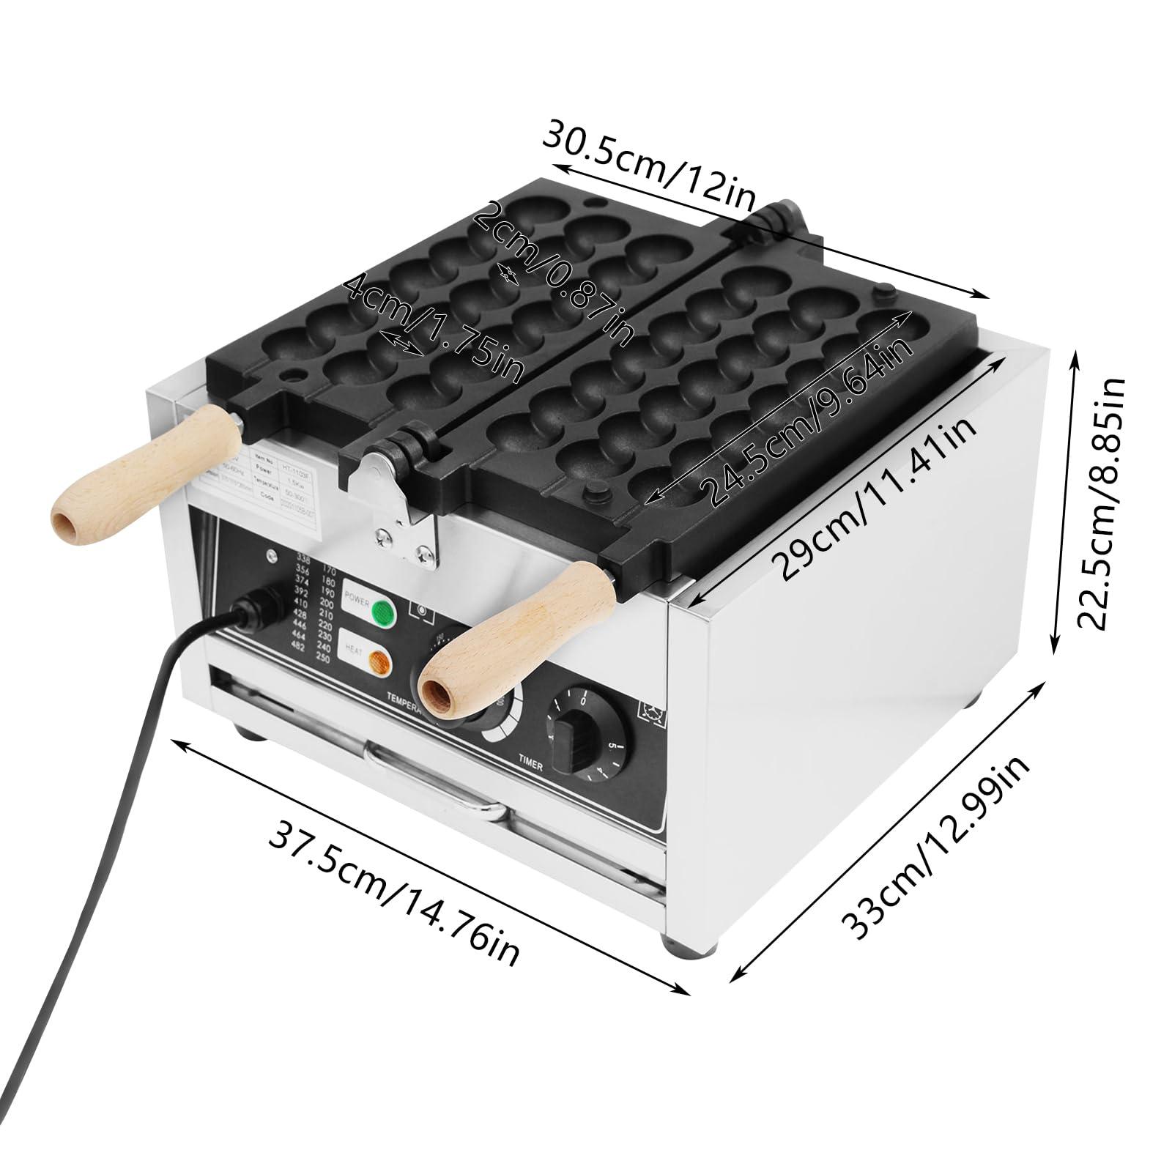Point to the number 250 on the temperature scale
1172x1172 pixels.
324,660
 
